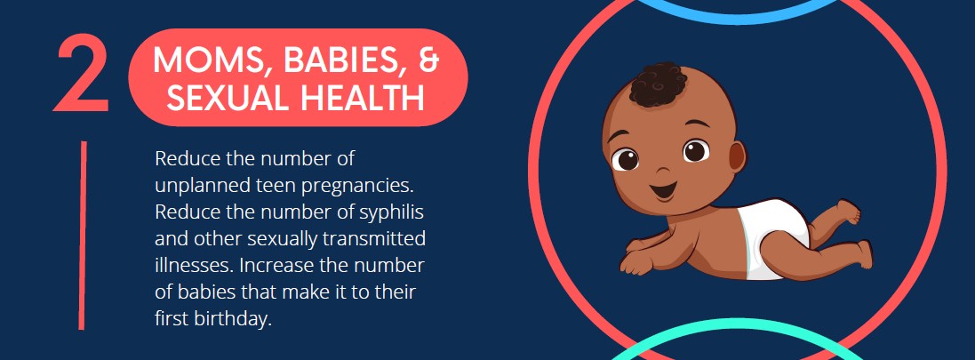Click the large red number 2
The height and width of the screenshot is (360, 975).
point(81,74)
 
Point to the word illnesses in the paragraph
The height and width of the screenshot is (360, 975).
point(194,266)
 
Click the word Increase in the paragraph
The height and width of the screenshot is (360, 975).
point(276,266)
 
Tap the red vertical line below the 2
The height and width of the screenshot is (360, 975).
point(83,236)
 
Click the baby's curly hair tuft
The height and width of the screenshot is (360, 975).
point(659,84)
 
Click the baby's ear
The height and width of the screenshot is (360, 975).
point(736,158)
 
